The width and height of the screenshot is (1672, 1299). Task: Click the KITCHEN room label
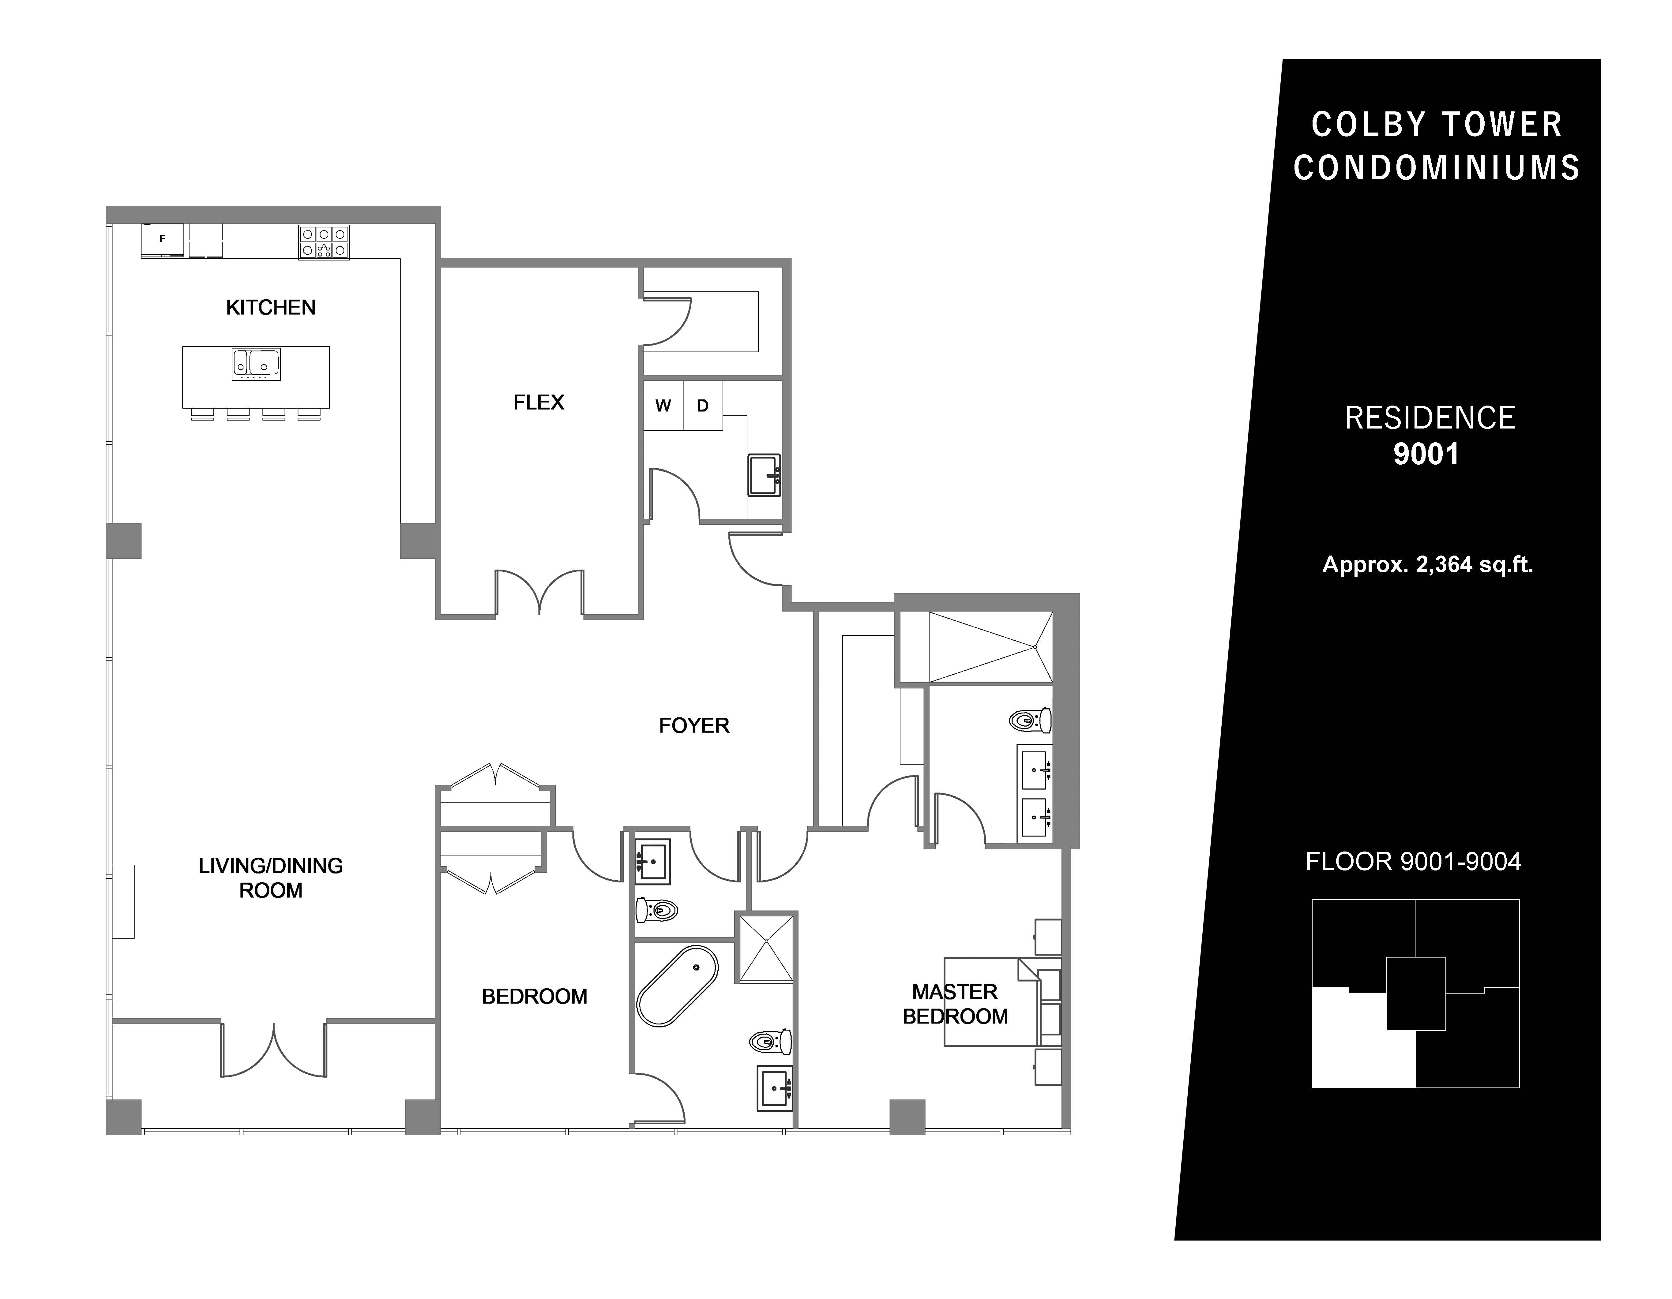click(x=270, y=308)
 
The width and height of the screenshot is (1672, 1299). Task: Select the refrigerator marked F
click(x=162, y=240)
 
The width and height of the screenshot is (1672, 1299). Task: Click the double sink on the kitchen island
click(x=257, y=364)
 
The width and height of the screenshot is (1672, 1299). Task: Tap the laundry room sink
click(x=764, y=475)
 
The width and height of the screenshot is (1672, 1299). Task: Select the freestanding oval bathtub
click(x=678, y=986)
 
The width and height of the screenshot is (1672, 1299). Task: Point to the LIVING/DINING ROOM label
click(x=270, y=878)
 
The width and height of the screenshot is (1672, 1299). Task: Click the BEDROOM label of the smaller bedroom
click(x=534, y=997)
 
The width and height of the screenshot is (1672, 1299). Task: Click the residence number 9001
click(x=1426, y=454)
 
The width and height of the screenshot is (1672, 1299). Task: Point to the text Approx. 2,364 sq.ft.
click(x=1428, y=565)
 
